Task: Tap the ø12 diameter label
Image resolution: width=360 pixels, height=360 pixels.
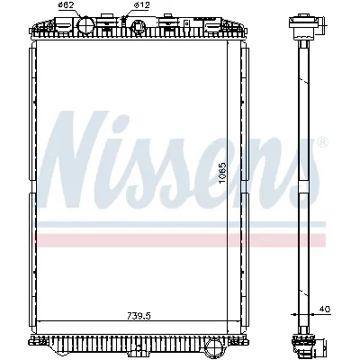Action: coord(140,7)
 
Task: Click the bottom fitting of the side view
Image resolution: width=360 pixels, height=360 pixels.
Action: coord(299,340)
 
